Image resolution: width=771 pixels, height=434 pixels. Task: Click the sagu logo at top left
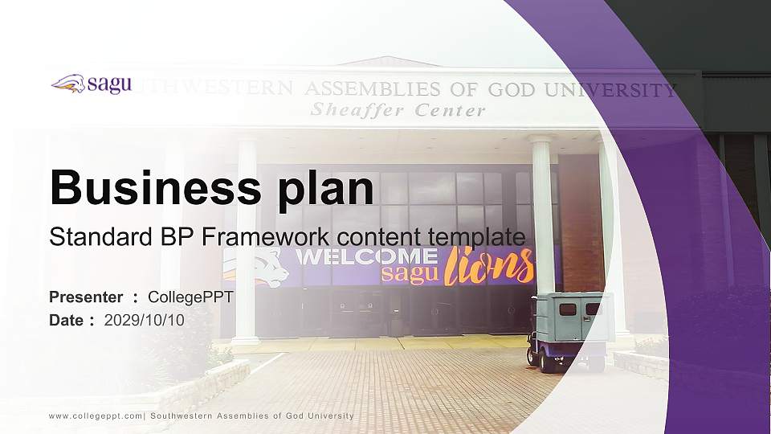click(91, 84)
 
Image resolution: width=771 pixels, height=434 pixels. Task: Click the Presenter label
click(86, 297)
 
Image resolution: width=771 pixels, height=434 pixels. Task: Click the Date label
click(67, 320)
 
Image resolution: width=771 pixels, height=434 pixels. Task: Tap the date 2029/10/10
click(145, 320)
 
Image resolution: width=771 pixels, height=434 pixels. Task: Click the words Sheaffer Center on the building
click(398, 110)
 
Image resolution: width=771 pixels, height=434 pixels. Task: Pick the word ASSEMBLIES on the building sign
click(373, 88)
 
